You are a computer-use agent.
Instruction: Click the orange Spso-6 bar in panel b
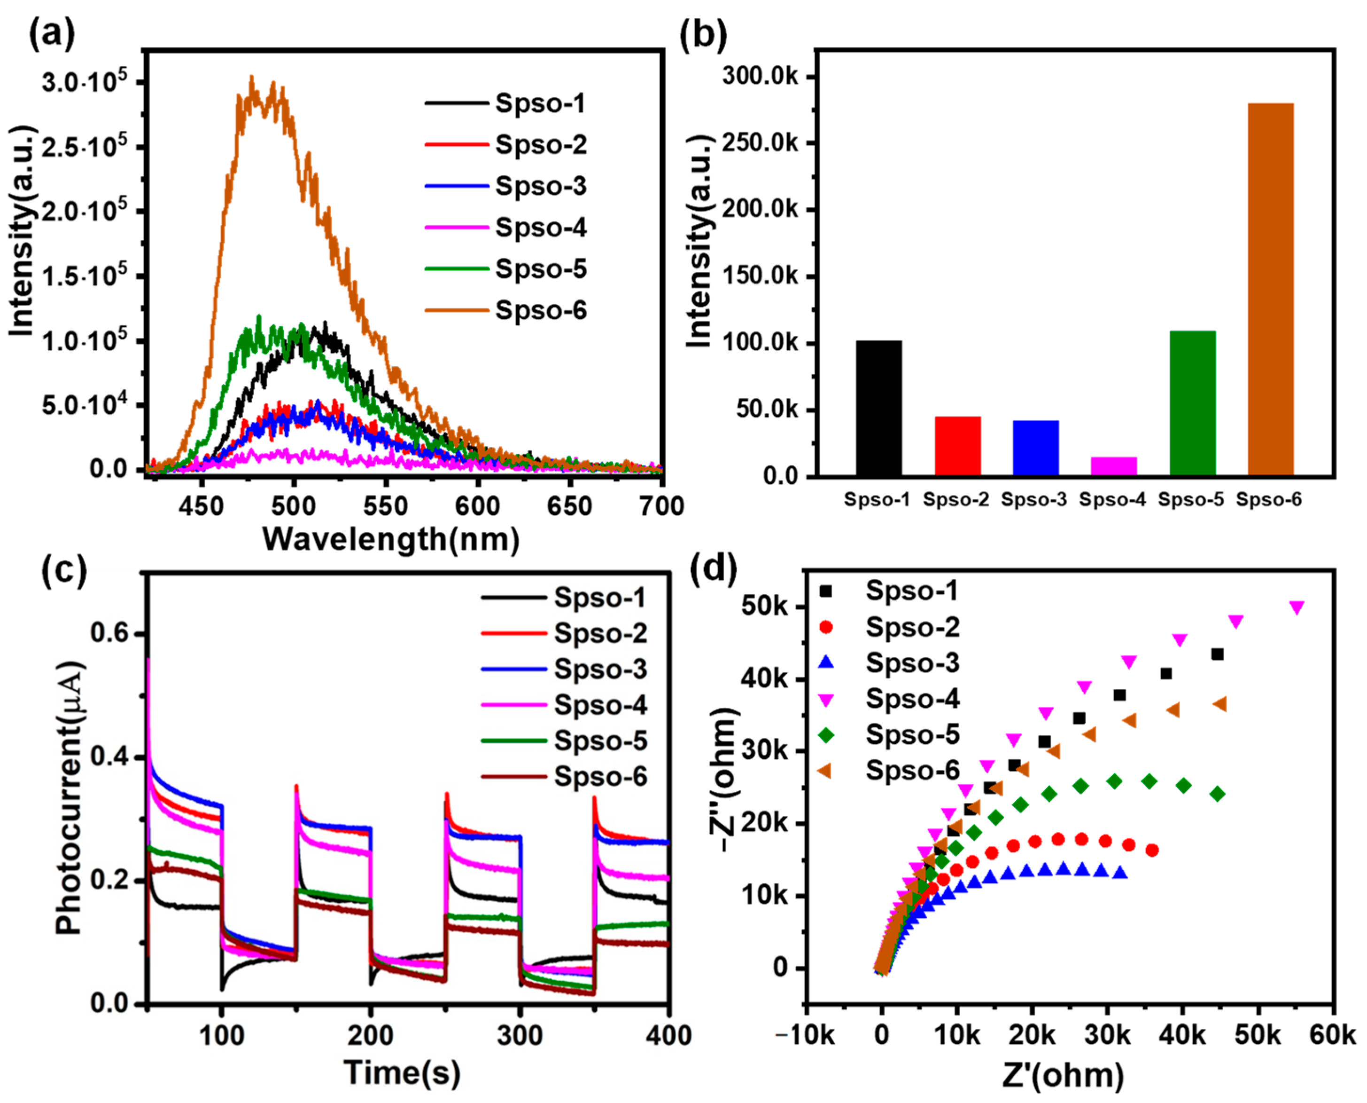coord(1271,289)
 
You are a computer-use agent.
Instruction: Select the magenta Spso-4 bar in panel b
coord(1114,466)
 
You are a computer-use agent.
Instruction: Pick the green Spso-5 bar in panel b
coord(1192,403)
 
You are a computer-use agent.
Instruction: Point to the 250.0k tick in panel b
coord(760,143)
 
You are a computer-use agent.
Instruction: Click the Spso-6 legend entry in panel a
coord(540,311)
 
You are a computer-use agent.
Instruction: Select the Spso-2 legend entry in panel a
coord(540,145)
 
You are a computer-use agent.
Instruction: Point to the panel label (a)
coord(52,33)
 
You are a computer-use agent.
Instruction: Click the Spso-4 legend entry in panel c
coord(600,705)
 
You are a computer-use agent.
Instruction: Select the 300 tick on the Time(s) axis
coord(520,1036)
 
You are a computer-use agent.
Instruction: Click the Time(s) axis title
coord(401,1073)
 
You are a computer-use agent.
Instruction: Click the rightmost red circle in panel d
coord(1152,850)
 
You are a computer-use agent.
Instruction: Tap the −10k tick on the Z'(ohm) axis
coord(805,1036)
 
